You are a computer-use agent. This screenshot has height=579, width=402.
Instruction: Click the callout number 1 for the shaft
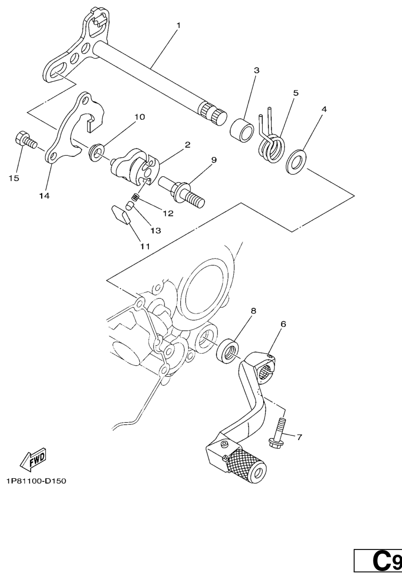point(179,25)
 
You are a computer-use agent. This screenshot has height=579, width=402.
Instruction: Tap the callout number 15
point(14,178)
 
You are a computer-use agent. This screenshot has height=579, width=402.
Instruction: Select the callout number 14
point(44,196)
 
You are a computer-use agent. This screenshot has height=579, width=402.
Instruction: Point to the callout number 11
point(145,246)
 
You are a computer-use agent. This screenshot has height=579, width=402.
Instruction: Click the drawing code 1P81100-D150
point(36,481)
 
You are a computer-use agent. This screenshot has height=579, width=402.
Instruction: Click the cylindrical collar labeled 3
point(242,130)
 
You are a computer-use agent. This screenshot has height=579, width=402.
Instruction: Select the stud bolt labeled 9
point(181,191)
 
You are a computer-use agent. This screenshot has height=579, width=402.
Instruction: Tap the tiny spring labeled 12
point(136,197)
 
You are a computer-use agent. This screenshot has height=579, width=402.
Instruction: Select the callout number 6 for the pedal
point(283,324)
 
